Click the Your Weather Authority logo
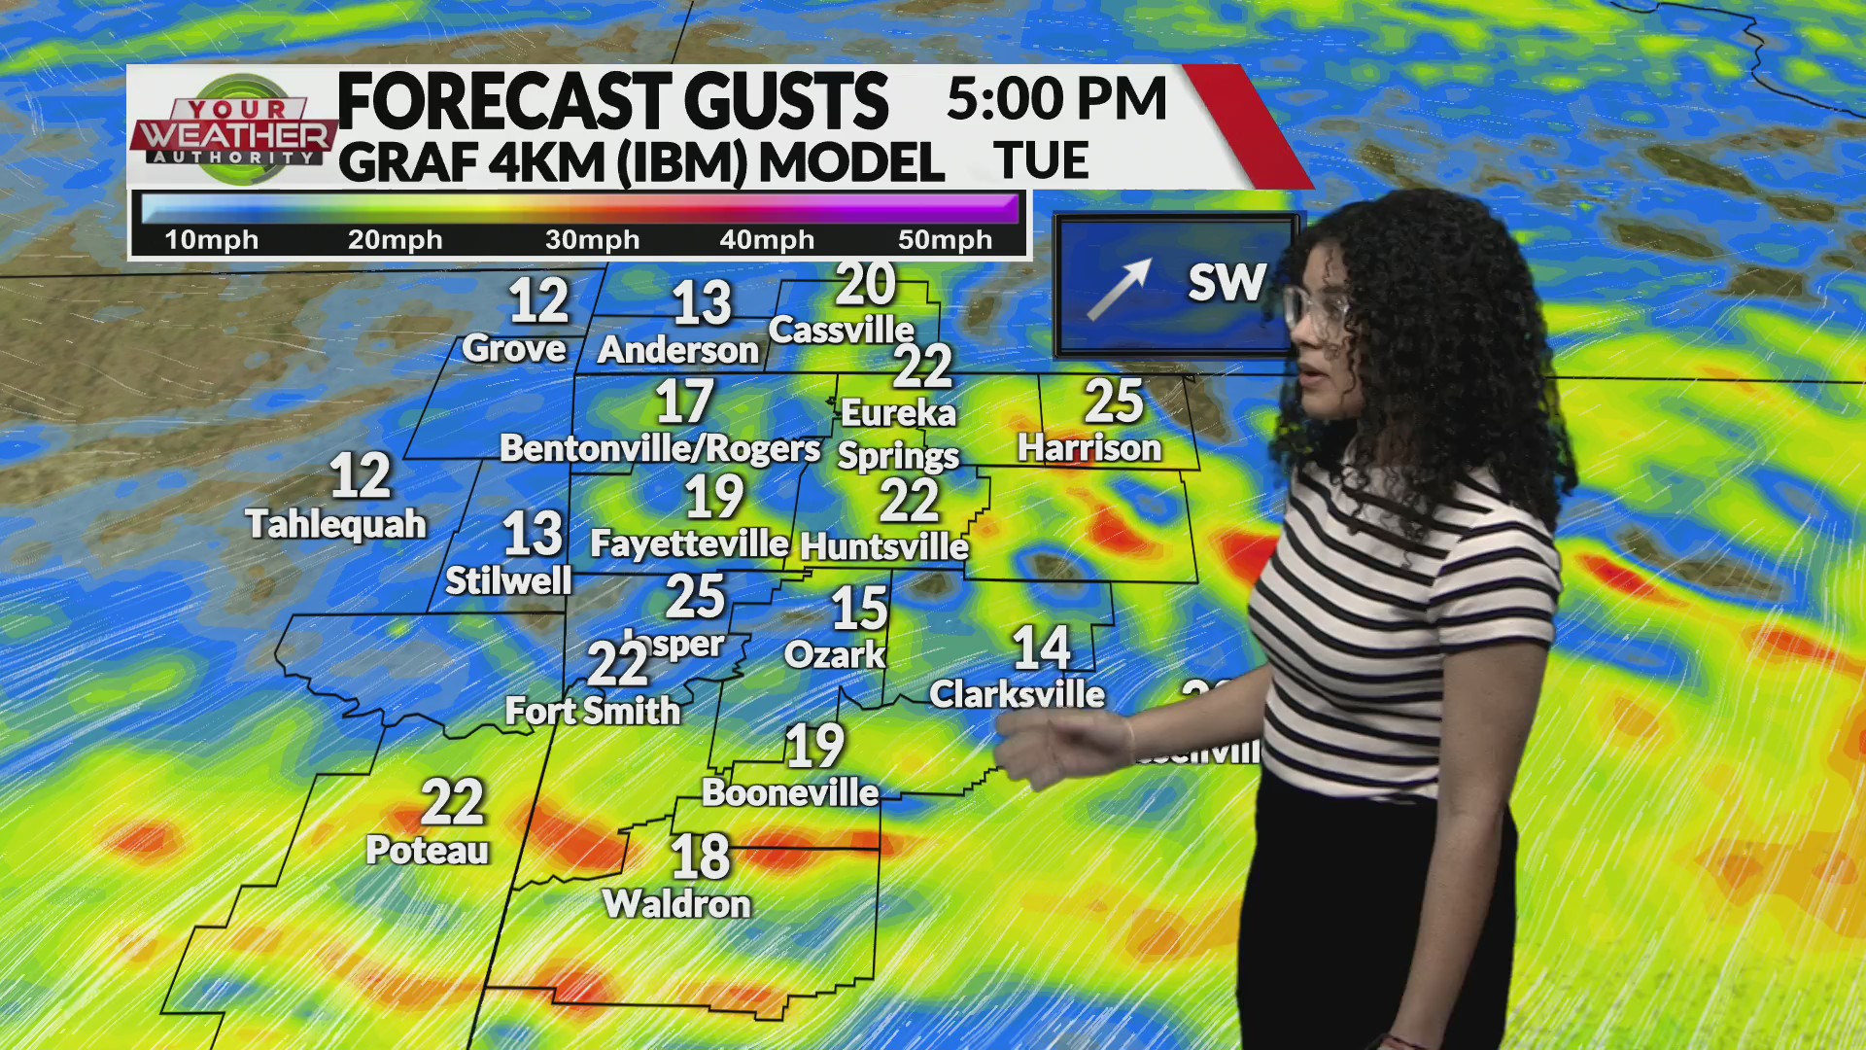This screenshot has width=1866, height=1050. (x=235, y=128)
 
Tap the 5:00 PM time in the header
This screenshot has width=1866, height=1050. (x=1055, y=99)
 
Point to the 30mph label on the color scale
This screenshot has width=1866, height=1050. (x=592, y=240)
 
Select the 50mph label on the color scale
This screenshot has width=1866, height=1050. (x=945, y=240)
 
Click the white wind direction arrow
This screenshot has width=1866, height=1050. (x=1119, y=289)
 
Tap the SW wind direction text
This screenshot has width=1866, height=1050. (x=1227, y=283)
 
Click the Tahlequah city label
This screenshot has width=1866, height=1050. (x=336, y=524)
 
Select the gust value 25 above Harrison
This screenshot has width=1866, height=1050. (x=1114, y=401)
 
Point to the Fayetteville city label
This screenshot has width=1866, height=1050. (x=689, y=543)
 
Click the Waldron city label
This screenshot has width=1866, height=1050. (x=676, y=904)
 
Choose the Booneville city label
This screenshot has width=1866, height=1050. (x=790, y=792)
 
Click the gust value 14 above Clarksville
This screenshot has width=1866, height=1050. (x=1041, y=647)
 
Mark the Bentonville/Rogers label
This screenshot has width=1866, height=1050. (x=660, y=448)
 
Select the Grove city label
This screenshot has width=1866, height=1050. (x=513, y=349)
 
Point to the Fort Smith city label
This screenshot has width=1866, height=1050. (x=593, y=711)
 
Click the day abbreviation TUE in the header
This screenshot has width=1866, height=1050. (x=1041, y=161)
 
